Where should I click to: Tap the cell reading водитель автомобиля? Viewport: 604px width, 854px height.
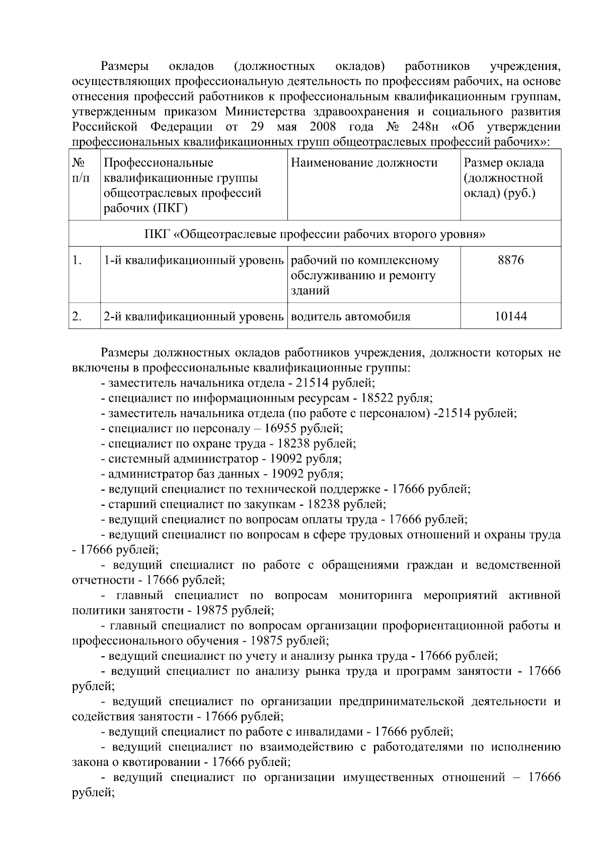(351, 317)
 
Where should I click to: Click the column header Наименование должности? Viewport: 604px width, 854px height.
(364, 163)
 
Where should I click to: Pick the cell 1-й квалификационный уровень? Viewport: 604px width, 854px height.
(194, 261)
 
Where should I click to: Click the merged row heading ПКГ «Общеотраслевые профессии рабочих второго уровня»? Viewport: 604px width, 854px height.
(315, 235)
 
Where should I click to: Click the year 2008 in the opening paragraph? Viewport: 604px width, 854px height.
(323, 126)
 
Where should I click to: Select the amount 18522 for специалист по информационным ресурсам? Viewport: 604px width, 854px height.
(376, 399)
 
